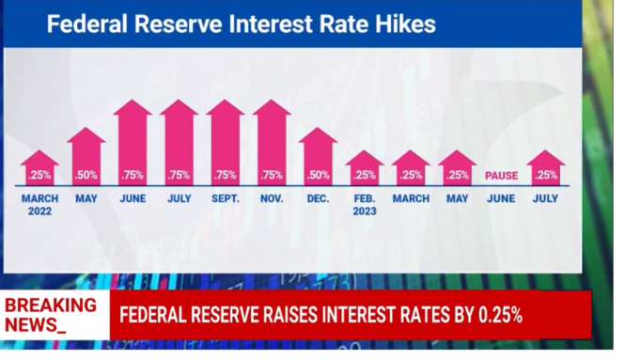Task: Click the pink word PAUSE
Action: (502, 176)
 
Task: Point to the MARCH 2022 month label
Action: (39, 204)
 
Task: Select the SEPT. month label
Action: (226, 199)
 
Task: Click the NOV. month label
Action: (272, 199)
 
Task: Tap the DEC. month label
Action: (318, 199)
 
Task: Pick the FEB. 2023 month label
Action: (364, 204)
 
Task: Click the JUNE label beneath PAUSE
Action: (502, 199)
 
